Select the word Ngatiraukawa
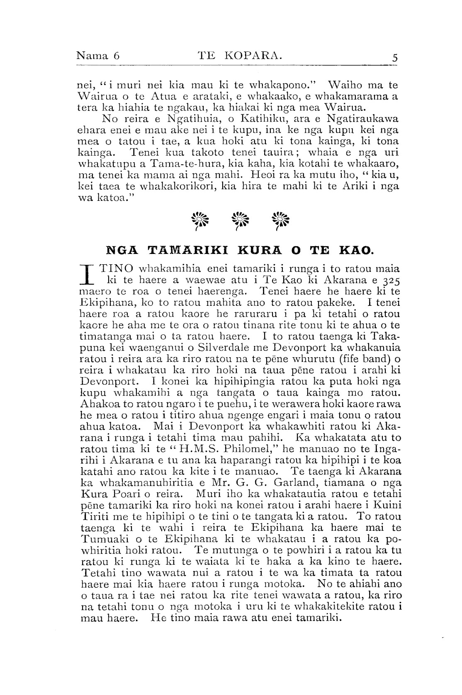pos(361,119)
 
